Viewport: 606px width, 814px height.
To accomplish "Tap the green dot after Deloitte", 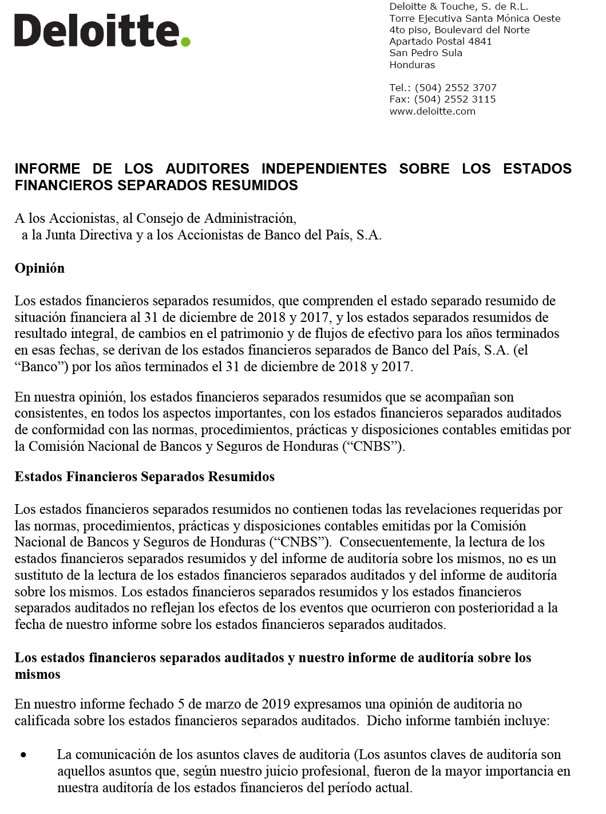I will [x=185, y=41].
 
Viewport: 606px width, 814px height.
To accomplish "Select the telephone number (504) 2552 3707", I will [x=456, y=88].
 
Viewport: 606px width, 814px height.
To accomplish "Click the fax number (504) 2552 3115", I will [x=455, y=99].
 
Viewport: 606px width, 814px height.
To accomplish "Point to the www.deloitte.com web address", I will [x=432, y=111].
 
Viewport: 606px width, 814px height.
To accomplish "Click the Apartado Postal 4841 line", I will [x=440, y=41].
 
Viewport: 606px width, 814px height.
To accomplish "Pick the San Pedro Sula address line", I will [x=426, y=53].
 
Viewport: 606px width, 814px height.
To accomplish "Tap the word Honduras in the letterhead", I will [x=412, y=65].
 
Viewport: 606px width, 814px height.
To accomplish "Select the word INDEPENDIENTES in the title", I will [x=324, y=169].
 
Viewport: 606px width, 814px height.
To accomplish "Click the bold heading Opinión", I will [x=39, y=268].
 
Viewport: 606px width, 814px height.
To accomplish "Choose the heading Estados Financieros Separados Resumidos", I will [x=144, y=477].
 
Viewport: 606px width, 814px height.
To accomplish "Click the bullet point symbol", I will [x=23, y=756].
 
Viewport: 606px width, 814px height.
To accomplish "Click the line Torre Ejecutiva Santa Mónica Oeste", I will [x=474, y=18].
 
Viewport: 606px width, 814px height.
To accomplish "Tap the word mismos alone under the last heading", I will [x=37, y=674].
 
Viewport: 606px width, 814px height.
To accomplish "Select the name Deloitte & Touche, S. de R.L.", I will [x=458, y=6].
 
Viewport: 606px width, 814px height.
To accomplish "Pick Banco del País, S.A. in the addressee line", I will [x=323, y=235].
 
